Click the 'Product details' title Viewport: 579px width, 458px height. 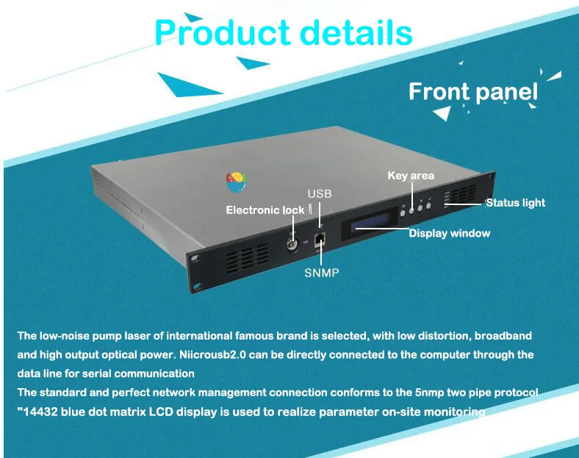pos(284,33)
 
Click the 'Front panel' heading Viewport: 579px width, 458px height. pos(472,92)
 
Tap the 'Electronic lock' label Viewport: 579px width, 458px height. pos(265,210)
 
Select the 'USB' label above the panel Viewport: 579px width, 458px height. pos(320,194)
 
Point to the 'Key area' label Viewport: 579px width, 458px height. pos(411,176)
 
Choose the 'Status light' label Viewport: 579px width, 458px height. pos(515,202)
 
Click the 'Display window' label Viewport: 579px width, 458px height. pos(449,233)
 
